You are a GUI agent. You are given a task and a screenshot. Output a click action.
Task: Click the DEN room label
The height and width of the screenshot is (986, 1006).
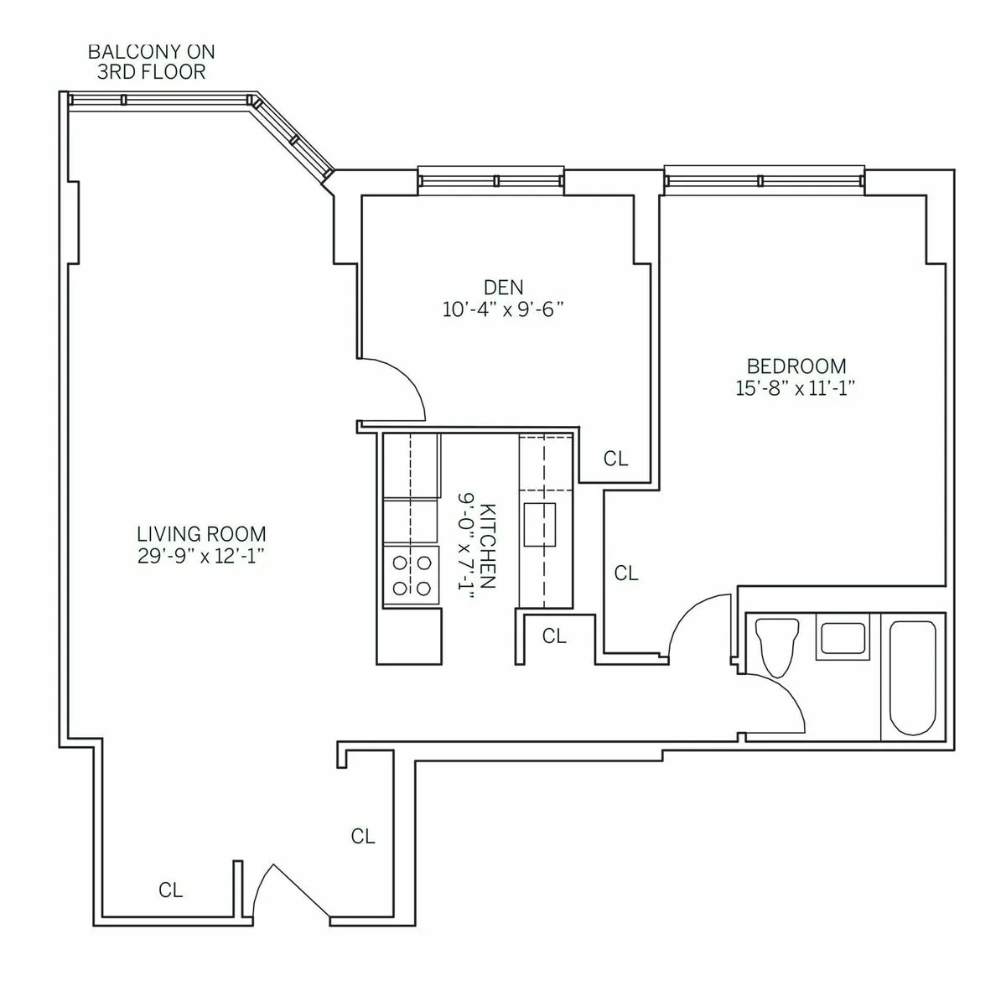(503, 288)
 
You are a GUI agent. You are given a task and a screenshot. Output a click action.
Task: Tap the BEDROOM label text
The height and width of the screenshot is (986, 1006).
(796, 366)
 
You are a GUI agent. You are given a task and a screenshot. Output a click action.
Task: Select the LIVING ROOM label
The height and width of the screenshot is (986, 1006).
(201, 534)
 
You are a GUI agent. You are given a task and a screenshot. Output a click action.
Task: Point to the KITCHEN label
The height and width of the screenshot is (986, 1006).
(489, 546)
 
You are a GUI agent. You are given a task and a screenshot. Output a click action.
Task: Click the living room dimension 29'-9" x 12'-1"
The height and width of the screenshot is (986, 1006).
(201, 555)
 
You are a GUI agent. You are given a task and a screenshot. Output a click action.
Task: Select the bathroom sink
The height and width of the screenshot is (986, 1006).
(844, 638)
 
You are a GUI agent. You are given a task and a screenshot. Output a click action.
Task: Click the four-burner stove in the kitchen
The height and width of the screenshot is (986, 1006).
(411, 575)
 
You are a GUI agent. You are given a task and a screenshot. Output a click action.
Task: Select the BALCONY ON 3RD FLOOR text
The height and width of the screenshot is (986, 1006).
(151, 62)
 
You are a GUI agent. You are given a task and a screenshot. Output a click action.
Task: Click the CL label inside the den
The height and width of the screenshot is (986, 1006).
(615, 459)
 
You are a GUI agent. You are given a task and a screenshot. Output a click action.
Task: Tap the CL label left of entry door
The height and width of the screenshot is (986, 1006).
(170, 890)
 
